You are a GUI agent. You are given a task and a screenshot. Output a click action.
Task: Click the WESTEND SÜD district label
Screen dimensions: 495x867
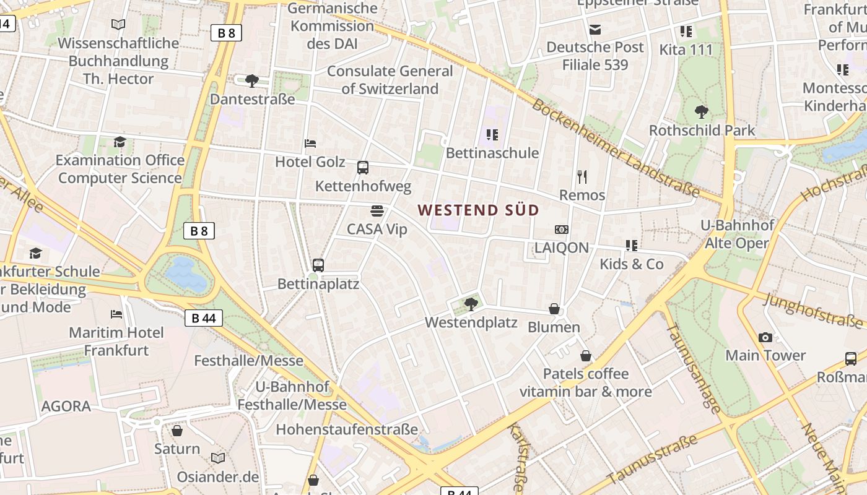(478, 210)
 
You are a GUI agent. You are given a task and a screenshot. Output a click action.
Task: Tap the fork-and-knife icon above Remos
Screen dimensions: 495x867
(582, 177)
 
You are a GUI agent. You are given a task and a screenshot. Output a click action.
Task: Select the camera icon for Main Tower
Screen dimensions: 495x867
(765, 337)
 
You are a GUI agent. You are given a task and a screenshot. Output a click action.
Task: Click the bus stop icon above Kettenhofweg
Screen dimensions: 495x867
(363, 167)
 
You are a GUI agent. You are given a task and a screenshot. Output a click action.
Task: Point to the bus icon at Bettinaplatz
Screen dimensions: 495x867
(318, 265)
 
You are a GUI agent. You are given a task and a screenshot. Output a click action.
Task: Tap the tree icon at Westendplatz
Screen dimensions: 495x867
(471, 304)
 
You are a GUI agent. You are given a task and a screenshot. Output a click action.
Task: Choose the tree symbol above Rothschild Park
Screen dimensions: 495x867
(702, 112)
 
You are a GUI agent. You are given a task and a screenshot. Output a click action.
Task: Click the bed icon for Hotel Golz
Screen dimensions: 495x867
(310, 144)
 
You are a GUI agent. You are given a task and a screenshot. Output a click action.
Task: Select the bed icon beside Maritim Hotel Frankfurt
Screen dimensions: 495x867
(116, 314)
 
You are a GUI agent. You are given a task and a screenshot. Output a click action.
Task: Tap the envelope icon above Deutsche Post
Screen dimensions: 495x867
(595, 29)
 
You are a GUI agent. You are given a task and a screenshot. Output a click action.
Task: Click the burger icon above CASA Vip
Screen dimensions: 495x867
(377, 211)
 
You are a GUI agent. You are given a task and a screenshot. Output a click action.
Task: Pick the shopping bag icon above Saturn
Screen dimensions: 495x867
(177, 431)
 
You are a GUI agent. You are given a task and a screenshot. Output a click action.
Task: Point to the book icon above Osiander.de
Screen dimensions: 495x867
(217, 458)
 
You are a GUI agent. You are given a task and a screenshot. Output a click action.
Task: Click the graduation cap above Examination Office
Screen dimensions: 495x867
(120, 142)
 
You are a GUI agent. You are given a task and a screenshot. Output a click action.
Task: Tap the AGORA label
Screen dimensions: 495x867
(66, 407)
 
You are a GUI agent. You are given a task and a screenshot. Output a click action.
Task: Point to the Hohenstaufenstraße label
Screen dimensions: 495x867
(347, 429)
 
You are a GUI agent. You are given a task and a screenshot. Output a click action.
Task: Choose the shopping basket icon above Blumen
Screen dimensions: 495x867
(554, 309)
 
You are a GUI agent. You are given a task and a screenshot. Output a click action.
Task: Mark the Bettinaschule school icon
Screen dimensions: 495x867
(492, 134)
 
